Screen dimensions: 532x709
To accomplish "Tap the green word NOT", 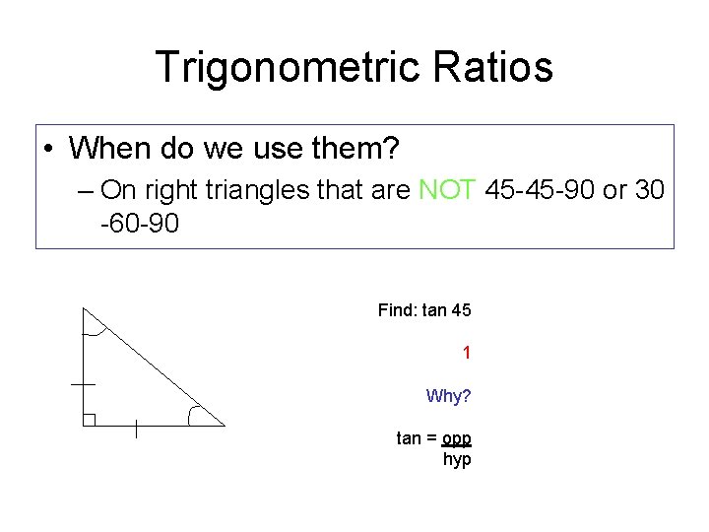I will tap(448, 189).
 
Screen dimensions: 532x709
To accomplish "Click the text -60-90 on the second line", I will tap(140, 225).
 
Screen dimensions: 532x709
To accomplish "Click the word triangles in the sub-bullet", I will tap(267, 189).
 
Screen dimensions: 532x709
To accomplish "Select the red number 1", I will tap(467, 353).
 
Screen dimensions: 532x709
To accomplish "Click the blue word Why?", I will tap(448, 396).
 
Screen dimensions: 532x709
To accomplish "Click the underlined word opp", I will tap(457, 438).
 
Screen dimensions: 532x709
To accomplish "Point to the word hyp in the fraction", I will tap(457, 459).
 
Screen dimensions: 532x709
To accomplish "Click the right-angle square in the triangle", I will tap(89, 420).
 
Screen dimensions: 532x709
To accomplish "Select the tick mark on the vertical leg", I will tap(83, 383).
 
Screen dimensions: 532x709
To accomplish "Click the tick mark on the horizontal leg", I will tap(136, 428).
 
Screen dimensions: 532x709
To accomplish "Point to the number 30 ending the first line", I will tap(650, 189).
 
